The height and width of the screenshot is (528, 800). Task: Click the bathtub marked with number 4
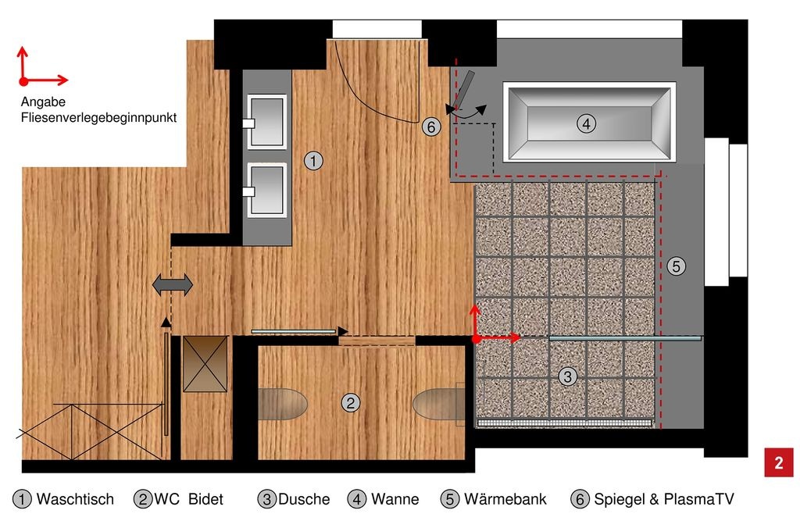click(x=589, y=123)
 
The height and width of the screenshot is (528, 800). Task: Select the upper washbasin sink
click(x=266, y=122)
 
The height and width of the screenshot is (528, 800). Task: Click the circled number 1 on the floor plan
click(x=313, y=161)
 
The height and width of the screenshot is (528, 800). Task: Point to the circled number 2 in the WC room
click(x=351, y=403)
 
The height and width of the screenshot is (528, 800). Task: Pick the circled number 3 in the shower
click(x=567, y=376)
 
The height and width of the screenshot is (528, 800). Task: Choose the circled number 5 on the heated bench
click(x=676, y=266)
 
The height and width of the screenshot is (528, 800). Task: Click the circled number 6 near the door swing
click(x=431, y=127)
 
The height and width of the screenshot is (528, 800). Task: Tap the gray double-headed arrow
click(x=173, y=284)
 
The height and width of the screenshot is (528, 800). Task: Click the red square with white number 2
click(x=779, y=462)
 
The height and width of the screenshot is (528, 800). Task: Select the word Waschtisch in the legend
click(x=75, y=499)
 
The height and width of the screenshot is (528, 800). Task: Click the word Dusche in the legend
click(x=304, y=499)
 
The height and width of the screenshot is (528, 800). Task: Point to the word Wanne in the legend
click(x=395, y=499)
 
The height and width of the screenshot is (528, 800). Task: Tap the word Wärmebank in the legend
click(x=505, y=499)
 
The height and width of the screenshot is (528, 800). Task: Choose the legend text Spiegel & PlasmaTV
click(x=664, y=499)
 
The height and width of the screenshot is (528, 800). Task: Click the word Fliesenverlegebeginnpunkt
click(x=98, y=118)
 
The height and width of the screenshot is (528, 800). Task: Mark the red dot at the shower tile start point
click(x=476, y=338)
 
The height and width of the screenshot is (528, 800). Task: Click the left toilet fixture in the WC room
click(x=282, y=404)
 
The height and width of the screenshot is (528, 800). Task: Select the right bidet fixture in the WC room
click(x=439, y=404)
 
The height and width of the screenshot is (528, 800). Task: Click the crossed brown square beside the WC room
click(x=205, y=364)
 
